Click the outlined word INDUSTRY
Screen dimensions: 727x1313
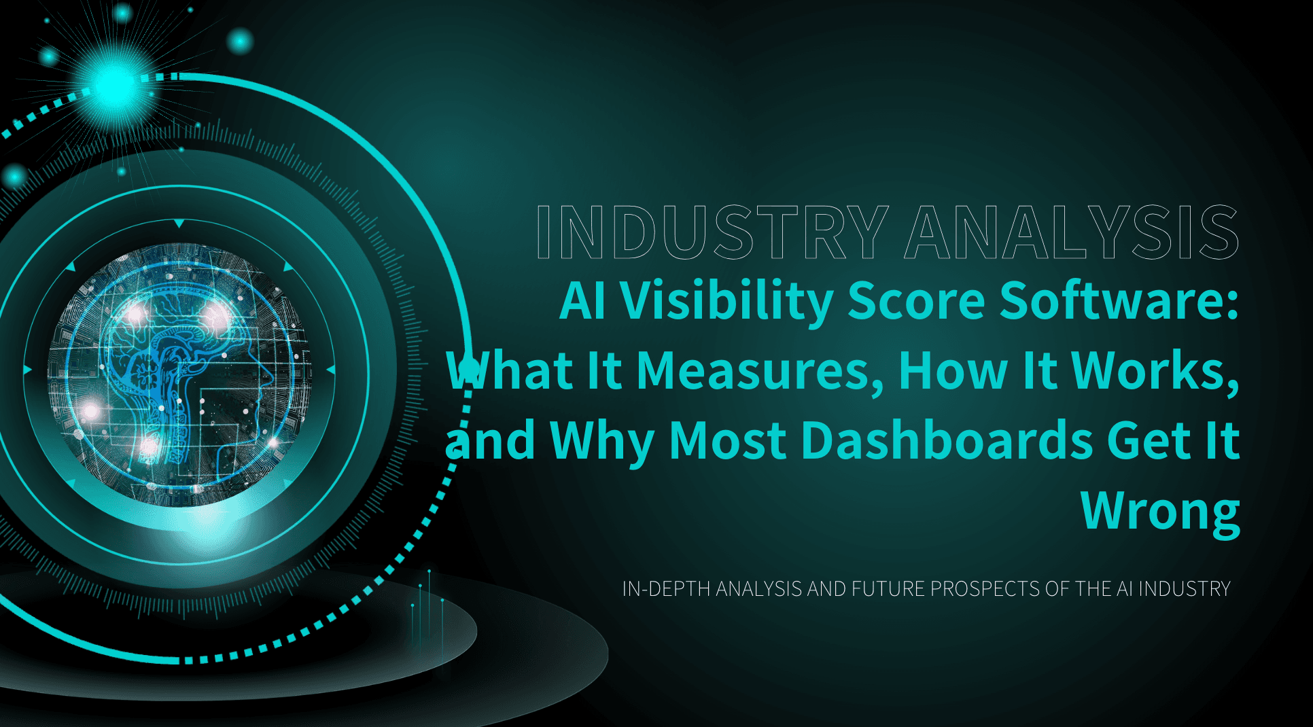point(712,232)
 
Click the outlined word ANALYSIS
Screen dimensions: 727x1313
point(1072,232)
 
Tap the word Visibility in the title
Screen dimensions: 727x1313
point(726,301)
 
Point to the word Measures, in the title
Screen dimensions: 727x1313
point(760,371)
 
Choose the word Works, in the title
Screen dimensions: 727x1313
point(1155,371)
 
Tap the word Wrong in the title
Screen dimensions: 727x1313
point(1160,512)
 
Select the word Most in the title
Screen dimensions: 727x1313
point(727,441)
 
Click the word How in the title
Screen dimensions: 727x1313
point(953,371)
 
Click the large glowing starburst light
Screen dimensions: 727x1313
point(115,86)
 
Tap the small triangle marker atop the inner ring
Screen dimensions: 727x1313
point(179,224)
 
